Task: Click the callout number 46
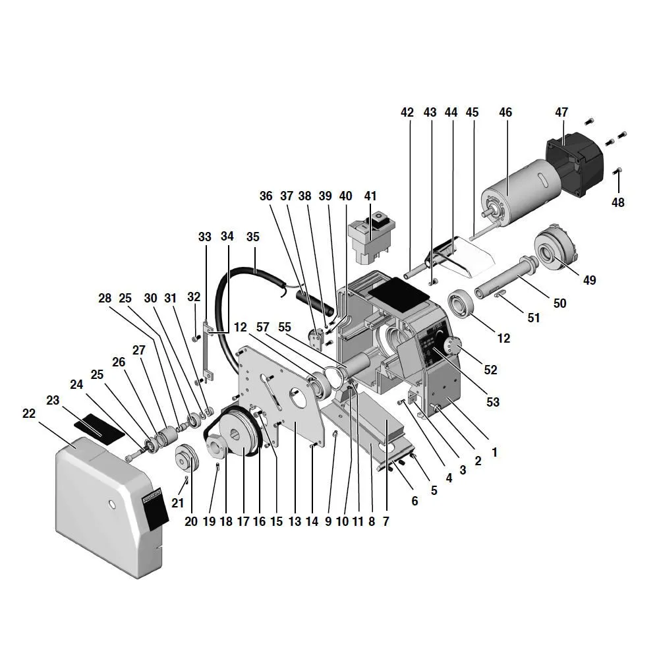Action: pyautogui.click(x=505, y=113)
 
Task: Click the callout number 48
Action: pyautogui.click(x=617, y=202)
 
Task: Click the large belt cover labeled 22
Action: pyautogui.click(x=105, y=507)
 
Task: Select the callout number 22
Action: pyautogui.click(x=28, y=413)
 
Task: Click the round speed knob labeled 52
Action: pyautogui.click(x=451, y=345)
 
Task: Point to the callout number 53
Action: pyautogui.click(x=492, y=402)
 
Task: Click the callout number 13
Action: pyautogui.click(x=294, y=521)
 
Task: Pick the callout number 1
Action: pyautogui.click(x=494, y=453)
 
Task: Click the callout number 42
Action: pyautogui.click(x=407, y=113)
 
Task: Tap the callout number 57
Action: pyautogui.click(x=264, y=327)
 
